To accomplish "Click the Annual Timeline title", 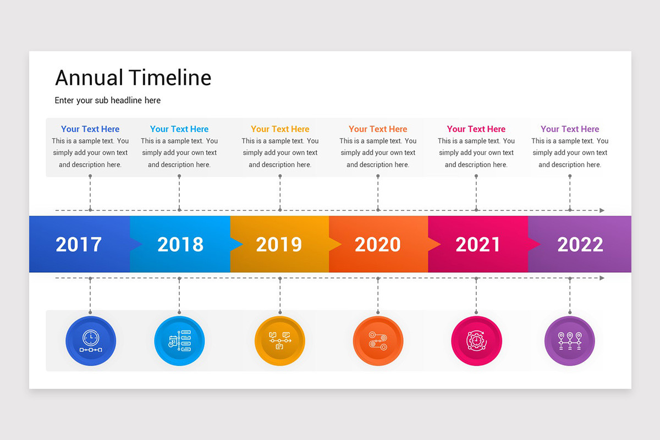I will pyautogui.click(x=133, y=78).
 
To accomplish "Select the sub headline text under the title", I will pyautogui.click(x=108, y=100).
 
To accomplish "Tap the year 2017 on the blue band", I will pyautogui.click(x=79, y=244).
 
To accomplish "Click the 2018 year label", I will pyautogui.click(x=180, y=244).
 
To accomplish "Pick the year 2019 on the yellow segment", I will pyautogui.click(x=279, y=244).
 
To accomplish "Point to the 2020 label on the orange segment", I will pyautogui.click(x=378, y=244).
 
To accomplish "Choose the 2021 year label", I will pyautogui.click(x=478, y=244).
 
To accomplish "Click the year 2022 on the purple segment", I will pyautogui.click(x=580, y=244).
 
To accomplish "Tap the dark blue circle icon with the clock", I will pyautogui.click(x=91, y=341).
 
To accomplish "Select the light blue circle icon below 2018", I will pyautogui.click(x=179, y=341).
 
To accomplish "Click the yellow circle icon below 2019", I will pyautogui.click(x=279, y=341).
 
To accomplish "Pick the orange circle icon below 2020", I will pyautogui.click(x=378, y=341).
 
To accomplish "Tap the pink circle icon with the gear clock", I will pyautogui.click(x=476, y=341).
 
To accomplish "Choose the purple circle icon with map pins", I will pyautogui.click(x=570, y=341).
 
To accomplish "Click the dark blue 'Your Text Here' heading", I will pyautogui.click(x=90, y=129).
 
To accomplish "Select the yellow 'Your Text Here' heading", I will pyautogui.click(x=280, y=129).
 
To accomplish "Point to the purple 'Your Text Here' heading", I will pyautogui.click(x=570, y=129).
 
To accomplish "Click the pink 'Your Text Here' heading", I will pyautogui.click(x=476, y=129).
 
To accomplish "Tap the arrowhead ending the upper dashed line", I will pyautogui.click(x=602, y=211).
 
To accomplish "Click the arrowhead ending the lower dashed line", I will pyautogui.click(x=602, y=278).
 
